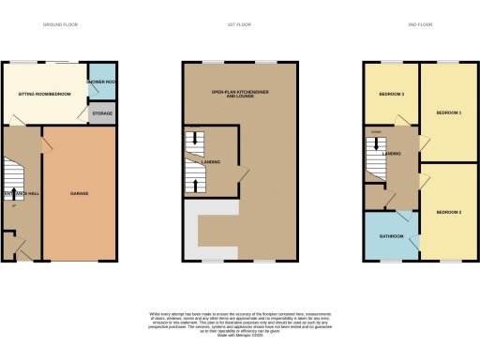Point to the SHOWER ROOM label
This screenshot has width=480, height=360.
pyautogui.click(x=100, y=82)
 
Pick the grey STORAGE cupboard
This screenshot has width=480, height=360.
pyautogui.click(x=101, y=114)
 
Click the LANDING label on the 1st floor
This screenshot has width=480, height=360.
pyautogui.click(x=213, y=162)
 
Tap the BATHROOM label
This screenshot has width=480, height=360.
pyautogui.click(x=390, y=235)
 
